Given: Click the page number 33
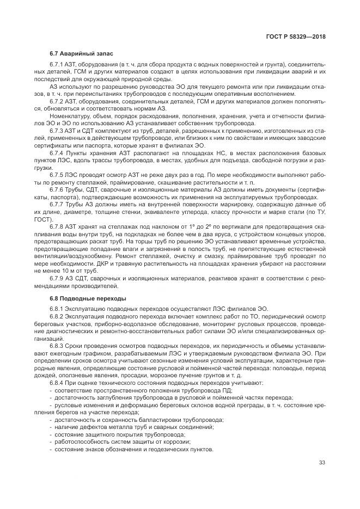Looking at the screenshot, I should [322, 463].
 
